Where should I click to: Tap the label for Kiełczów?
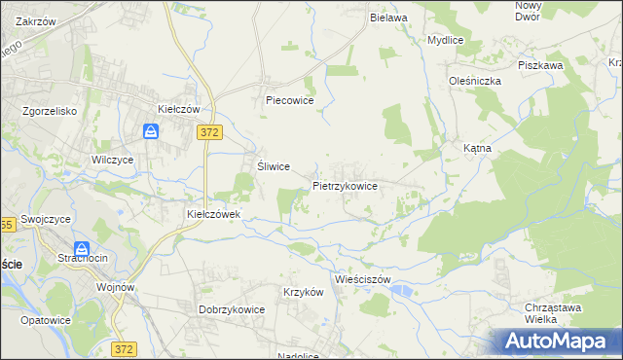[178, 109]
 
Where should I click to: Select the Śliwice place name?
[273, 166]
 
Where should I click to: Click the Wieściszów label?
[361, 279]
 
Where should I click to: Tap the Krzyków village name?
[302, 293]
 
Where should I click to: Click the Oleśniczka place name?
[474, 81]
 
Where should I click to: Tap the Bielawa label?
[387, 18]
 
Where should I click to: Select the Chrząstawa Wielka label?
[533, 312]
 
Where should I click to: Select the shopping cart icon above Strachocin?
[82, 248]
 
